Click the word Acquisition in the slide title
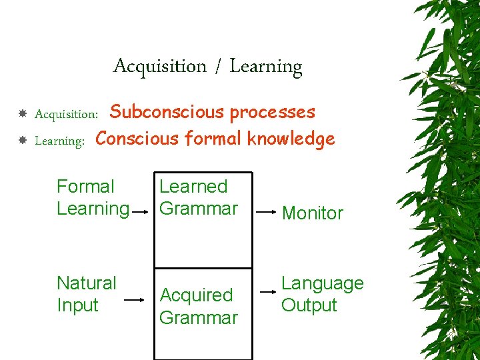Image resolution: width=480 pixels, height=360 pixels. [160, 66]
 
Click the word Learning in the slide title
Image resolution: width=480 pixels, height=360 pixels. [266, 67]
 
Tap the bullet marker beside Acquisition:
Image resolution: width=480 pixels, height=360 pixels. [22, 114]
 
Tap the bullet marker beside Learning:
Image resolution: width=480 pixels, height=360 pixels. [22, 141]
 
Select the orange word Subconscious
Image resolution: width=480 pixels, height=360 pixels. [167, 112]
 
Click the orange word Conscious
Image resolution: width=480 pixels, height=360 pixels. [137, 139]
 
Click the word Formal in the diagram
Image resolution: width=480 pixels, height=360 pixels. [85, 187]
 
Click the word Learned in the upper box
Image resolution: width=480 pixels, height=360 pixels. [193, 187]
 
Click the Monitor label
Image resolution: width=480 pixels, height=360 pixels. [312, 213]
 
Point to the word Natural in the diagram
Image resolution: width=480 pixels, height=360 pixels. [87, 283]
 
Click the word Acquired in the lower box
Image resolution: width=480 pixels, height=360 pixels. [196, 295]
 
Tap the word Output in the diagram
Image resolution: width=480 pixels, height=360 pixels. [309, 305]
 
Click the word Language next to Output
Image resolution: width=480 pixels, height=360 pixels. [322, 283]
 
